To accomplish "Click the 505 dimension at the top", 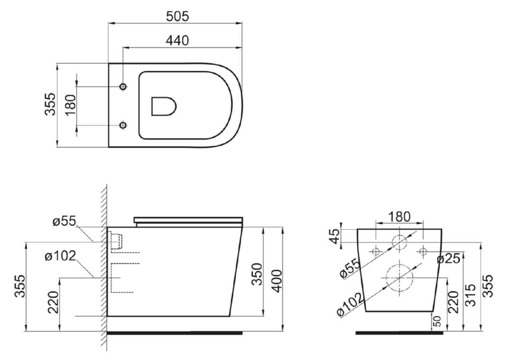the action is [x=177, y=16].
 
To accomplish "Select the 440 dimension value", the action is [x=177, y=40].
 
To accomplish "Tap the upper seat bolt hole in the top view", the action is [x=123, y=86].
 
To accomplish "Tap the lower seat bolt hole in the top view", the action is [x=123, y=125].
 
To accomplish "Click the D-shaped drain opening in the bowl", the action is [x=164, y=106].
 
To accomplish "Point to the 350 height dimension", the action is [x=257, y=274].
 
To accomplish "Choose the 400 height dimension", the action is [x=277, y=281].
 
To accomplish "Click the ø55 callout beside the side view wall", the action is [x=64, y=221].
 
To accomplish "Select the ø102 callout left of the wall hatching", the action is [x=60, y=256].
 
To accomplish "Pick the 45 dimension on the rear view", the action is [x=335, y=236].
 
